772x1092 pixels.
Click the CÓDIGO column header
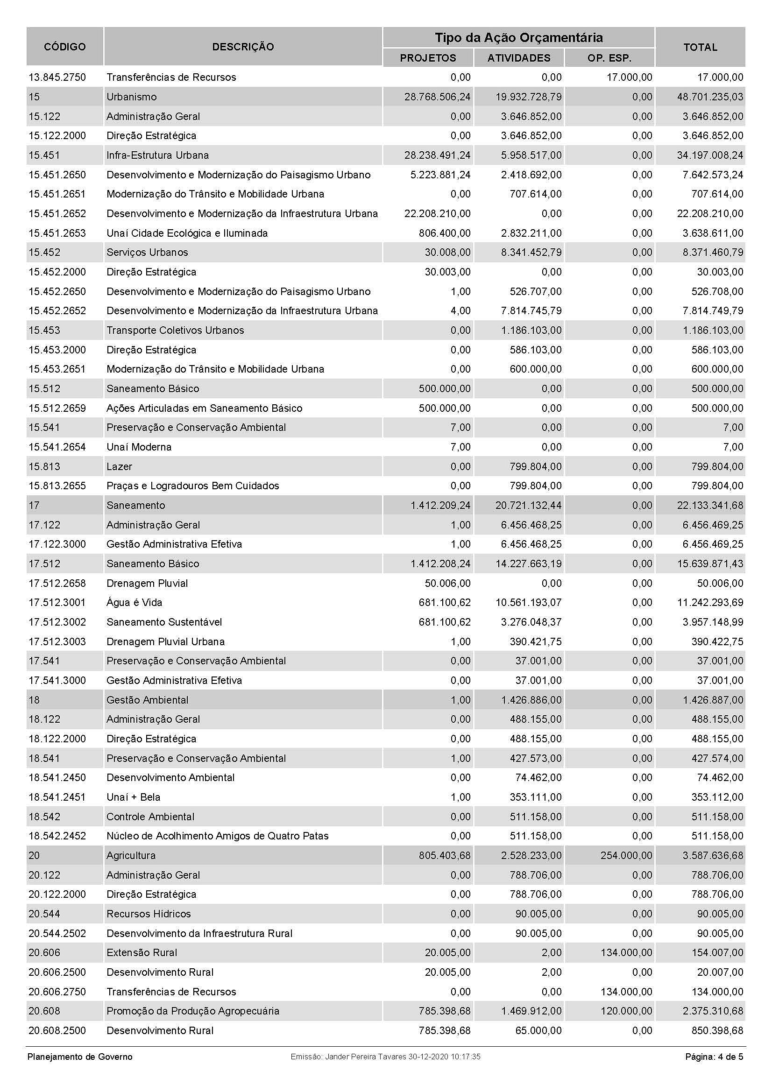(x=65, y=47)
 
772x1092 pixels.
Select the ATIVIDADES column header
(x=518, y=58)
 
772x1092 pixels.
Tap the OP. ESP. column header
(x=609, y=58)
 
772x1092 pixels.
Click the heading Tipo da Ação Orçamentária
(x=518, y=37)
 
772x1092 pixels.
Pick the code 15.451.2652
(x=57, y=213)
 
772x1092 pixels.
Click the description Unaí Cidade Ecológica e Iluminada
(x=187, y=233)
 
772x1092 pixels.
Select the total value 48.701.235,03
(x=710, y=97)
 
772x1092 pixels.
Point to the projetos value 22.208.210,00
(x=437, y=213)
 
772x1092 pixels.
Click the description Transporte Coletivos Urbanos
(x=175, y=330)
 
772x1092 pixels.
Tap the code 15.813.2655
(x=57, y=486)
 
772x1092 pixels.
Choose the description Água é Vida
(x=134, y=603)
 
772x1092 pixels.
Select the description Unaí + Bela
(x=133, y=797)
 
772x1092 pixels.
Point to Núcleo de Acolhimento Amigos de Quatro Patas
(x=217, y=836)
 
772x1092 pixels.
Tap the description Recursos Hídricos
(x=149, y=914)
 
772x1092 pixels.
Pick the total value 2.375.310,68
(x=713, y=1011)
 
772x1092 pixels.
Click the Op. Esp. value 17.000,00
(x=629, y=77)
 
